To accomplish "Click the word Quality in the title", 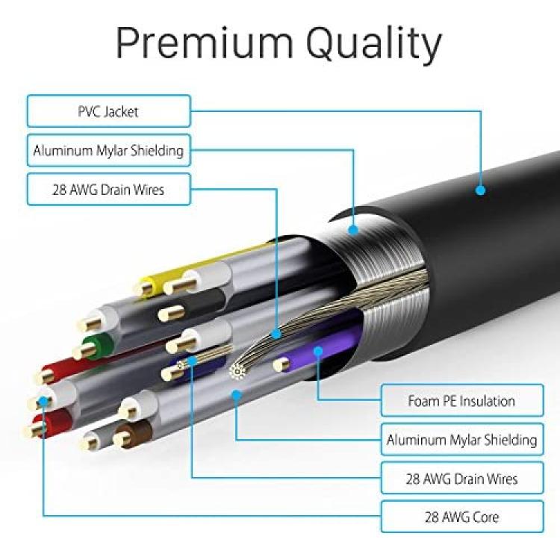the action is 373,45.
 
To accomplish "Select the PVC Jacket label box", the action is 109,111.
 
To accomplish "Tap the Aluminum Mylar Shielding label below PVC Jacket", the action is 109,150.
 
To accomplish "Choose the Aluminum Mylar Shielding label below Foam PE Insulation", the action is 462,439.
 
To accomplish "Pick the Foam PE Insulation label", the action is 462,400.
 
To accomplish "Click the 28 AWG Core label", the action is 462,517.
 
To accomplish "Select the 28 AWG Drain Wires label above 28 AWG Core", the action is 462,478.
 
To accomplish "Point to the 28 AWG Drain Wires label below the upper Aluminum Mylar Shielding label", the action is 109,190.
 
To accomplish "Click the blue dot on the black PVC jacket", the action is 480,190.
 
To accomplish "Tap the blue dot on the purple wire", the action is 318,351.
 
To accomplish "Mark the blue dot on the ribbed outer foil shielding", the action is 353,230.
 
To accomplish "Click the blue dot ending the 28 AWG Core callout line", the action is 43,401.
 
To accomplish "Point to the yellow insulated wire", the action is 200,264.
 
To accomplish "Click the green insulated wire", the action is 95,346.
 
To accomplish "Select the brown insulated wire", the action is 133,434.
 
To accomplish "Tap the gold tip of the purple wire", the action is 281,364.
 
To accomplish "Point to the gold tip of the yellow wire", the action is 145,288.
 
